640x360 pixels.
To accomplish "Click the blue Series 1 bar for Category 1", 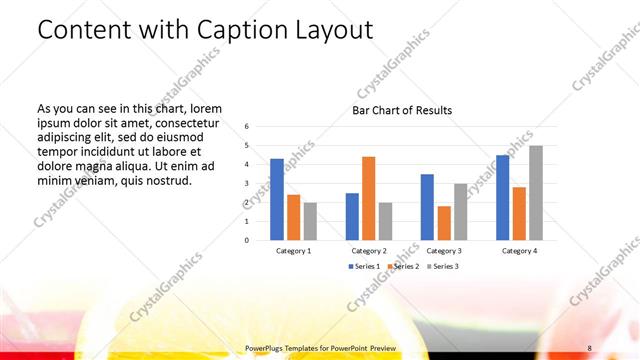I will [x=277, y=199].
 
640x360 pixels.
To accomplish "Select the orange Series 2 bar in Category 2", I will [x=368, y=198].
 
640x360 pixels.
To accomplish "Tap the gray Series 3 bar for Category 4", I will [x=535, y=193].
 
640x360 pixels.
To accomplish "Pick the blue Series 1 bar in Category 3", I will [x=427, y=207].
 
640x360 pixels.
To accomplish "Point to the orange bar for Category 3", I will [x=443, y=223].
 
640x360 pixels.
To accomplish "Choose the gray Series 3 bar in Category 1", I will [x=309, y=221].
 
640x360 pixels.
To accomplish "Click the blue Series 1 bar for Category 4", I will [x=503, y=197].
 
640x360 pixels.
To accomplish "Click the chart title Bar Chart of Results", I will [x=402, y=110].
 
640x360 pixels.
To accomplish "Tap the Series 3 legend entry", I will [x=443, y=266].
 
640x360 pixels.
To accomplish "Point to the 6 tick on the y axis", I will [x=247, y=127].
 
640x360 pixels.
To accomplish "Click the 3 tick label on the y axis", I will [x=247, y=184].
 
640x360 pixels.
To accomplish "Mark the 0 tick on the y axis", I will [x=247, y=240].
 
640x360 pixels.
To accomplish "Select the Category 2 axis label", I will [x=369, y=251].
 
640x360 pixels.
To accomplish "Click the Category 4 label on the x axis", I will [x=519, y=251].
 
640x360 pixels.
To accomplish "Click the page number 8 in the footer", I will [x=590, y=347].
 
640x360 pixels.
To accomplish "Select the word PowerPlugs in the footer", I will [x=265, y=347].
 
